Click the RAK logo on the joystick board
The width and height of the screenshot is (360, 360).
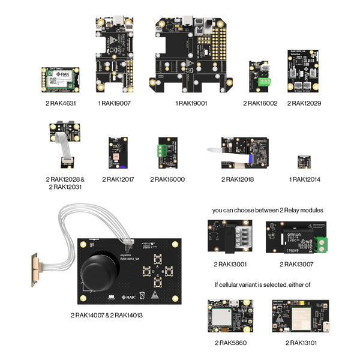129,296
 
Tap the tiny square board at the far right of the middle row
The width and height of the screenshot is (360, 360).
304,161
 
